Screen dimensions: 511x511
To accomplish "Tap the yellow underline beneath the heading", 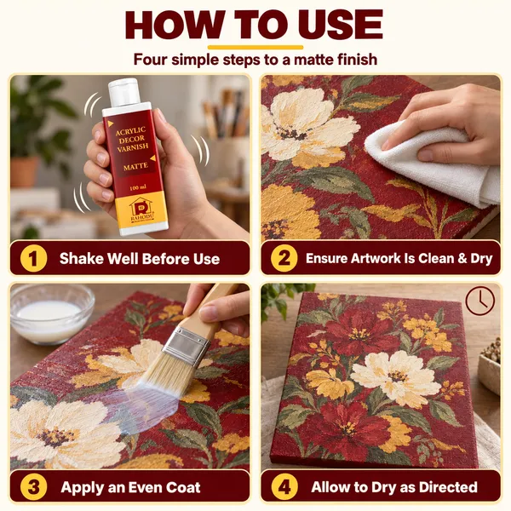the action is point(255,48).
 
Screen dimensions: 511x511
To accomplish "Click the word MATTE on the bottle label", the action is point(135,167).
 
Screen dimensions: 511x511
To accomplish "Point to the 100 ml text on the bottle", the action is point(138,187).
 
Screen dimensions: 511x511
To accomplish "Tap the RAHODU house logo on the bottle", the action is point(142,210).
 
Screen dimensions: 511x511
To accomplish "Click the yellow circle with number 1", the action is point(33,258).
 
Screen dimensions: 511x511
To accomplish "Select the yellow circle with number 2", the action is point(284,258).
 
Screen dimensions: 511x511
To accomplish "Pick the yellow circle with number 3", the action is point(33,487).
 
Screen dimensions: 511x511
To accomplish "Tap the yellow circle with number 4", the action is point(284,487).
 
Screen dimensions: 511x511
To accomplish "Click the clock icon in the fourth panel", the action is point(479,300).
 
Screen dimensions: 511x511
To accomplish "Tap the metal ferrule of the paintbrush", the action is point(186,347).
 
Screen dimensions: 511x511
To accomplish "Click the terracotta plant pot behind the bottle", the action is point(24,172).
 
